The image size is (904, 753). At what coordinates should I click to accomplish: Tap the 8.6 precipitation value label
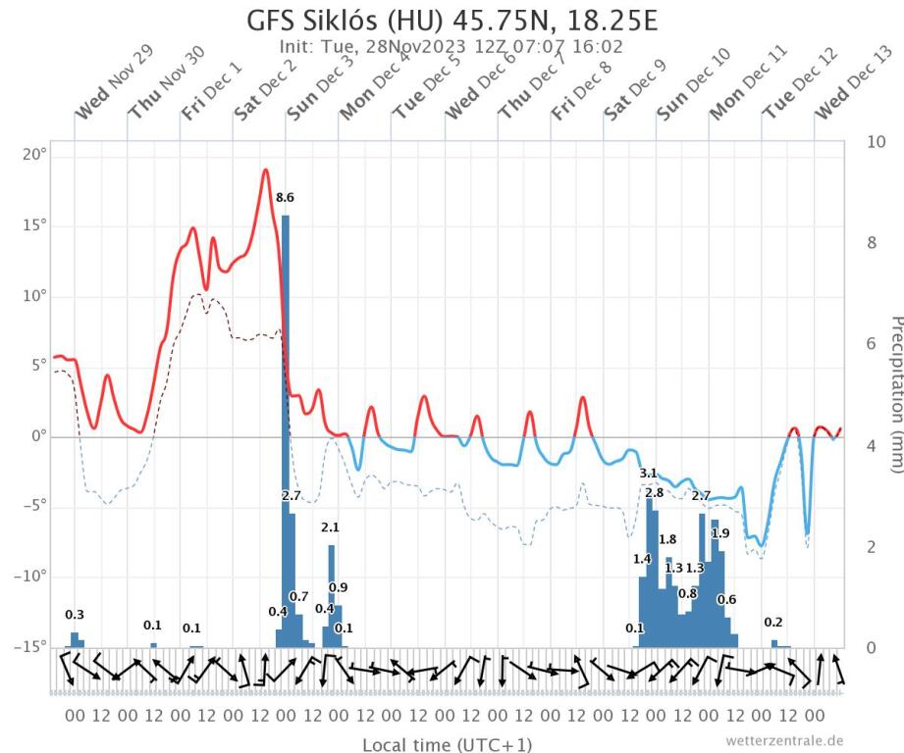click(x=285, y=198)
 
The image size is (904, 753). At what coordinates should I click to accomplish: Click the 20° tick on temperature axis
click(x=35, y=156)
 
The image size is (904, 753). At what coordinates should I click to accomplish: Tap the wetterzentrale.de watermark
click(x=783, y=740)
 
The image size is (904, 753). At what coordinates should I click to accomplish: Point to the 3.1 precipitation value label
click(x=648, y=474)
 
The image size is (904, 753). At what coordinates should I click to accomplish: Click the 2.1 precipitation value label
click(x=331, y=527)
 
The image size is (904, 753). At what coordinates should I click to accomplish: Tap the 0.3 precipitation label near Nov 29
click(x=75, y=615)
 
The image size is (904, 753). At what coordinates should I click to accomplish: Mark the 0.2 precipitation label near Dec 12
click(x=773, y=623)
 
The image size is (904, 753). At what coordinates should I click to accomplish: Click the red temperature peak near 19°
click(x=265, y=171)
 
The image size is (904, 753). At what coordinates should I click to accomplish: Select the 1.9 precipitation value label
click(x=720, y=533)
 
